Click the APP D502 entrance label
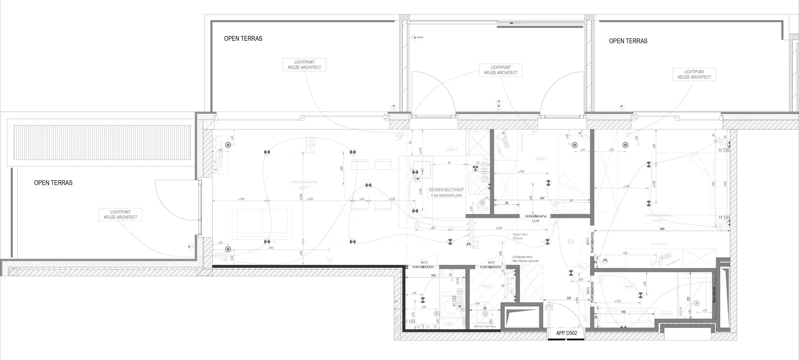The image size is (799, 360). click(x=566, y=333)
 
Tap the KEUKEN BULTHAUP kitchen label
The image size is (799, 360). click(x=446, y=190)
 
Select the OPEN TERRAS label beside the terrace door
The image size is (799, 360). click(x=53, y=183)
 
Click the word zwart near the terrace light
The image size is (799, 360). click(x=420, y=37)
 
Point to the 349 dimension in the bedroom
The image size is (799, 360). click(x=662, y=229)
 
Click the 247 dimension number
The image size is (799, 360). click(x=542, y=198)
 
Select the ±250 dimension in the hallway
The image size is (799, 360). click(x=499, y=228)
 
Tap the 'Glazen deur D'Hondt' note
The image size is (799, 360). click(x=520, y=236)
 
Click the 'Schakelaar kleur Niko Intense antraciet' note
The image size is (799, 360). click(x=525, y=259)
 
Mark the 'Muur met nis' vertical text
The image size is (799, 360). click(x=714, y=295)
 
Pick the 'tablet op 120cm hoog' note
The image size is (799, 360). click(x=484, y=326)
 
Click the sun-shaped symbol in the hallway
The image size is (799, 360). click(x=570, y=242)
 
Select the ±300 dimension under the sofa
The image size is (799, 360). click(x=271, y=248)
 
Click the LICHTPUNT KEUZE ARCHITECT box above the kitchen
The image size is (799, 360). click(x=501, y=70)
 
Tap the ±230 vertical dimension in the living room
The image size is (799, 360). click(x=301, y=197)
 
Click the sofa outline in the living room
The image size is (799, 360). click(x=262, y=224)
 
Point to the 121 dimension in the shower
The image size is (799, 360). click(x=688, y=299)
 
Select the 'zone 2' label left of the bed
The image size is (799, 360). click(x=541, y=159)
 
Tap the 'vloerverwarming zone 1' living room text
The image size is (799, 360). click(x=304, y=184)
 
